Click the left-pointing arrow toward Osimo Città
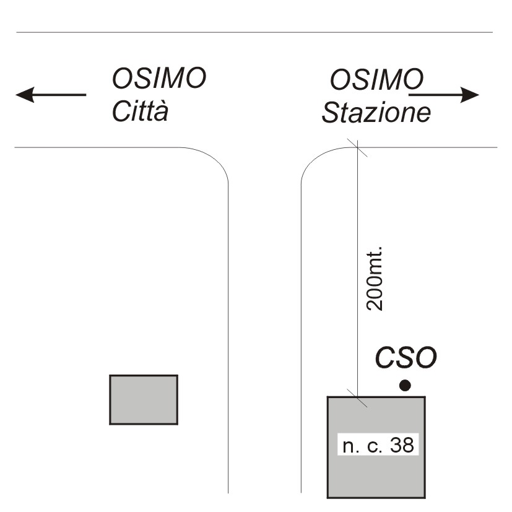[x=51, y=95]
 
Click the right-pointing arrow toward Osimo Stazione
[x=445, y=95]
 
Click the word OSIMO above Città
[x=158, y=79]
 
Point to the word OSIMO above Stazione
[x=376, y=79]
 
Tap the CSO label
[x=407, y=357]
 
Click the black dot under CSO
[x=405, y=386]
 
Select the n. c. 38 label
[x=378, y=445]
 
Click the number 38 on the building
[x=402, y=445]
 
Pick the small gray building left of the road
[x=144, y=399]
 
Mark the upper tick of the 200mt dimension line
[x=357, y=147]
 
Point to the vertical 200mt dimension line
[x=357, y=248]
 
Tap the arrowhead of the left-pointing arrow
[x=24, y=95]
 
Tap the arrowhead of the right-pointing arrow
[x=472, y=95]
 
